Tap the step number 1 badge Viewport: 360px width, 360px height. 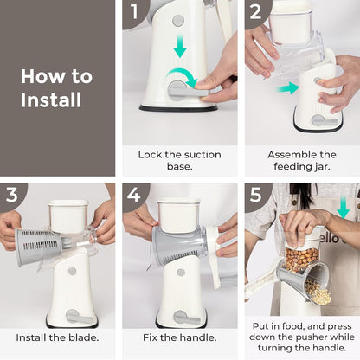coord(133,11)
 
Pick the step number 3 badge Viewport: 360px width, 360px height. coord(11,194)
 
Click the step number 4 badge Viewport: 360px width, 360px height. coord(133,194)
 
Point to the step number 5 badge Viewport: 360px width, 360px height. coord(256,194)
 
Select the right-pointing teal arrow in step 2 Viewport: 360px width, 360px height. coord(288,88)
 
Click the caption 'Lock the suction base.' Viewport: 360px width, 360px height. coord(179,162)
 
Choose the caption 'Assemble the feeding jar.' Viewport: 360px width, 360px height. coord(302,162)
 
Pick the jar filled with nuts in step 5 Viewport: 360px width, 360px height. coord(302,255)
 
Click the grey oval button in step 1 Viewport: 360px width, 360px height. coord(177,20)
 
